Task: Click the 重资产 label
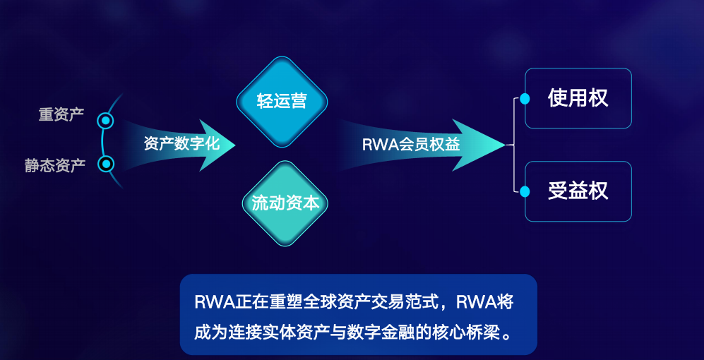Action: point(61,115)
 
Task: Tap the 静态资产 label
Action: point(55,166)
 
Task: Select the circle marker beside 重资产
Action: point(106,121)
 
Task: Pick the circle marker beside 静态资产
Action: point(106,164)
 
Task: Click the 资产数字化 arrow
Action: point(181,144)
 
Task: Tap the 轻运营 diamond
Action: point(282,101)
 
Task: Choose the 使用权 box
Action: point(578,98)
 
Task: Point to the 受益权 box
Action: point(578,191)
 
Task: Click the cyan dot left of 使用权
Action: point(525,99)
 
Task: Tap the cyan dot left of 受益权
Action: point(525,191)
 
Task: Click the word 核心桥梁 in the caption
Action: point(472,330)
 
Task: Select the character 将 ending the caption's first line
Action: point(504,303)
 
